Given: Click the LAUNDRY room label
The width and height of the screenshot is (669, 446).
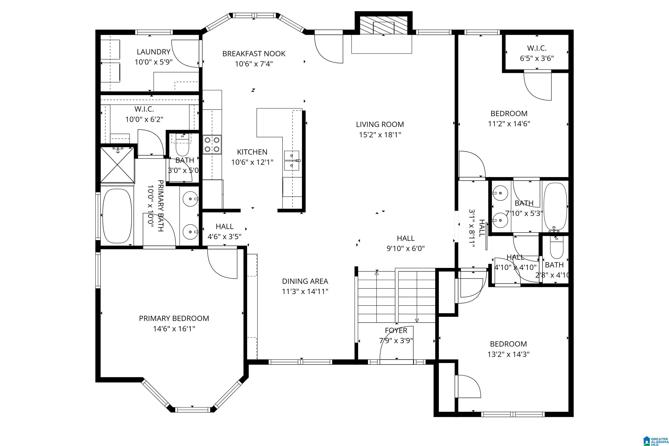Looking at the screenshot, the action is click(x=154, y=52).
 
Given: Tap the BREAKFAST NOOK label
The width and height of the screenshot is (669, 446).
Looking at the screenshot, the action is click(x=254, y=54).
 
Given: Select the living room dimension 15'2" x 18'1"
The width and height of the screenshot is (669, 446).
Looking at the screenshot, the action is click(x=380, y=135).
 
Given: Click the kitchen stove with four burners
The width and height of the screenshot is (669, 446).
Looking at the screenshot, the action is click(x=212, y=145).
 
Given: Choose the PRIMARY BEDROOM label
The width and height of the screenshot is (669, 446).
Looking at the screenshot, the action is click(x=174, y=318).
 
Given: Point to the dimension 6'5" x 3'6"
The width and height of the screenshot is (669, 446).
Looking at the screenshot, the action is click(x=537, y=59).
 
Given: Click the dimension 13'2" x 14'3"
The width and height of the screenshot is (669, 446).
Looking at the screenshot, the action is click(x=508, y=354).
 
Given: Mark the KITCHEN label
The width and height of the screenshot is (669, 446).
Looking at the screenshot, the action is click(x=252, y=152).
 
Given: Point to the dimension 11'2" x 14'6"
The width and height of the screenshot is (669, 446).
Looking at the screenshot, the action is click(x=509, y=124).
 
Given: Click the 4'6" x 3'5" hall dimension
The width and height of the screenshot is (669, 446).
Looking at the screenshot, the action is click(x=225, y=237).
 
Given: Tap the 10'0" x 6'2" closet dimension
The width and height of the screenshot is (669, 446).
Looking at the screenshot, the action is click(x=145, y=119).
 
